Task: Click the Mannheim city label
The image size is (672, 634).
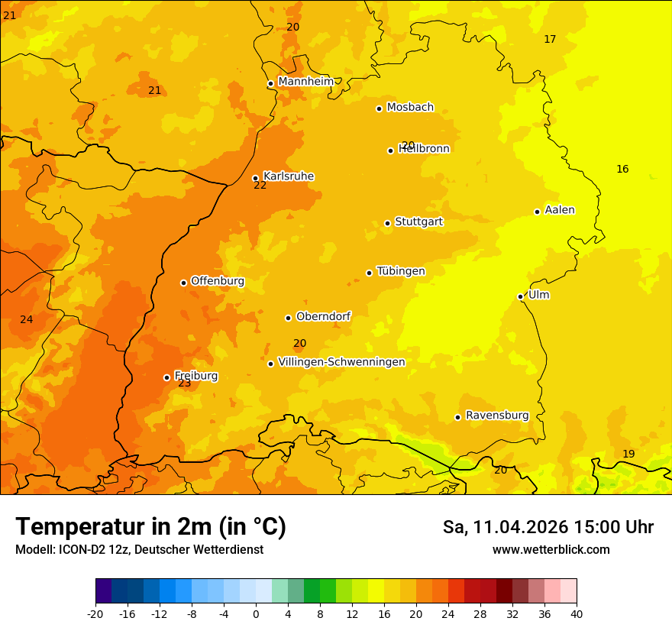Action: pyautogui.click(x=305, y=82)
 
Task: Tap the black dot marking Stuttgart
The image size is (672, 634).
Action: pyautogui.click(x=387, y=223)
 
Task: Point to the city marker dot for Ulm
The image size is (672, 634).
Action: pyautogui.click(x=520, y=296)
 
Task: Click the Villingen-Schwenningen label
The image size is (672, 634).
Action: pyautogui.click(x=341, y=362)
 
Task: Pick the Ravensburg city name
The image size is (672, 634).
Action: pyautogui.click(x=497, y=416)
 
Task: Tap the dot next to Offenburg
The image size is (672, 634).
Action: pyautogui.click(x=183, y=283)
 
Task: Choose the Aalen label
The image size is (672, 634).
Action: pyautogui.click(x=560, y=210)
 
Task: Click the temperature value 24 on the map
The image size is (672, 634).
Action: pyautogui.click(x=27, y=319)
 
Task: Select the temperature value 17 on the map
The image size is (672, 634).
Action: pyautogui.click(x=550, y=39)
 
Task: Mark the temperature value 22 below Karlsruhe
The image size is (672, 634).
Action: pyautogui.click(x=260, y=186)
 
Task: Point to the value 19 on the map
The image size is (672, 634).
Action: pyautogui.click(x=628, y=454)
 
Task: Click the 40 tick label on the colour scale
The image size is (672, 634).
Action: pyautogui.click(x=577, y=613)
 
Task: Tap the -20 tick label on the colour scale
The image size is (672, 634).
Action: pyautogui.click(x=95, y=613)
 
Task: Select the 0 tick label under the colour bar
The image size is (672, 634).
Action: pyautogui.click(x=256, y=613)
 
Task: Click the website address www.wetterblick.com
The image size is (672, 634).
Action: pyautogui.click(x=551, y=550)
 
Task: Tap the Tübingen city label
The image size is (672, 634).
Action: pyautogui.click(x=401, y=271)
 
